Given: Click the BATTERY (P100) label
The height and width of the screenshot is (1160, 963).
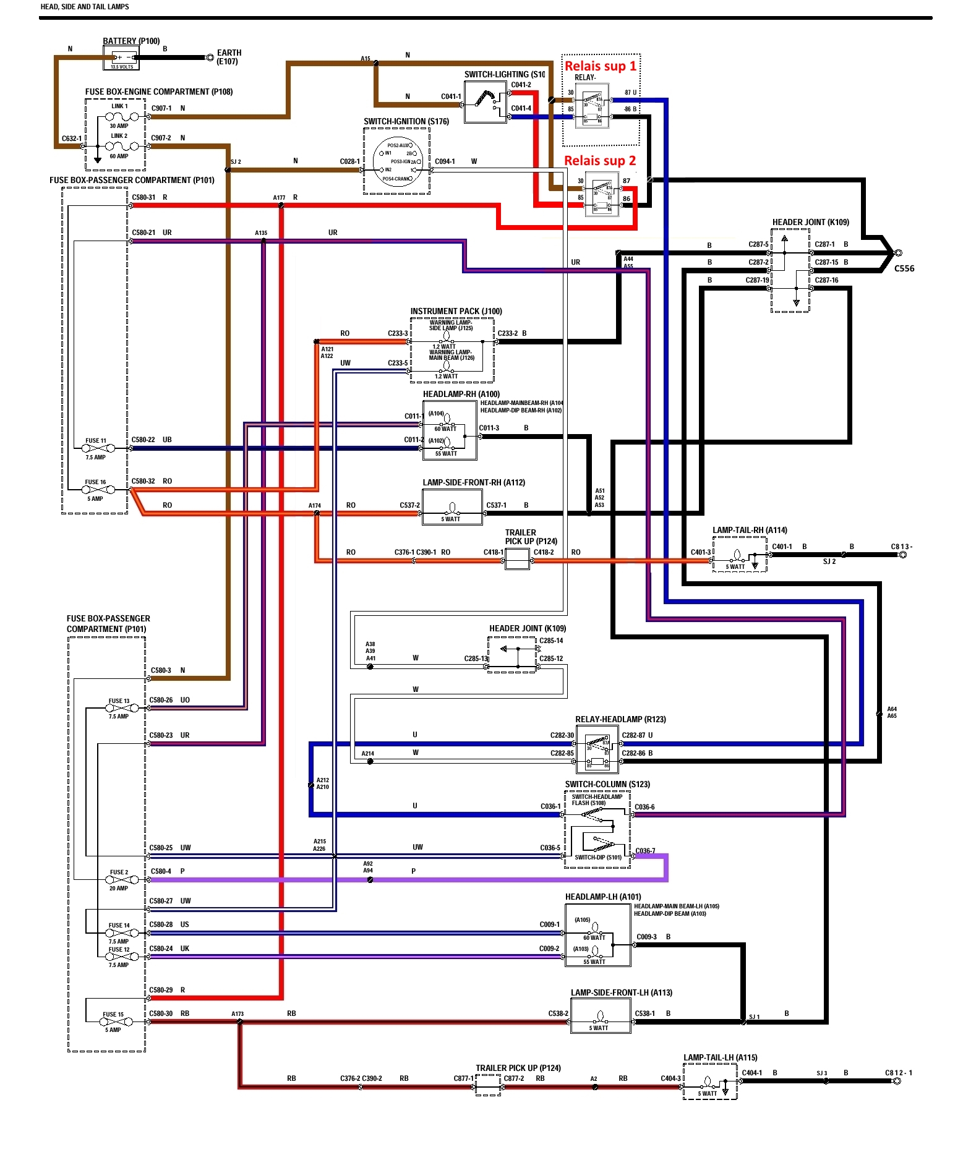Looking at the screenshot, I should tap(131, 41).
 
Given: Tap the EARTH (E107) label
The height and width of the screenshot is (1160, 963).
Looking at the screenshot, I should tap(229, 57).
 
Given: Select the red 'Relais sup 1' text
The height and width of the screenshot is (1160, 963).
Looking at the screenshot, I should tap(600, 66).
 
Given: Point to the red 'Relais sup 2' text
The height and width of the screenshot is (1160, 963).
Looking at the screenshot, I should tap(600, 161).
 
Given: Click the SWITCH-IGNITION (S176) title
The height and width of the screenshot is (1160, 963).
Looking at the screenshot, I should tap(406, 121).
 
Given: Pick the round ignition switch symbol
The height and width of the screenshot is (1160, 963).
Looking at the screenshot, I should tap(398, 162).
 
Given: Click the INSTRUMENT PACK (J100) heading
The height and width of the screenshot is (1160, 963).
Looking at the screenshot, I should tap(456, 311).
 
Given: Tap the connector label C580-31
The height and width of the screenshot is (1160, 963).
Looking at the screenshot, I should tap(143, 197).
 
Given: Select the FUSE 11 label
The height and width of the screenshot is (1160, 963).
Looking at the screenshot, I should tap(96, 441).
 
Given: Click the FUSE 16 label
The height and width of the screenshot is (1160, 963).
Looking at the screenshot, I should tap(95, 482).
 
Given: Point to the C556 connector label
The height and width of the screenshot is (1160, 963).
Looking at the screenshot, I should tap(904, 268).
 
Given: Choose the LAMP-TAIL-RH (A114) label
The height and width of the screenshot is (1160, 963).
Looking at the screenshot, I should tap(750, 530).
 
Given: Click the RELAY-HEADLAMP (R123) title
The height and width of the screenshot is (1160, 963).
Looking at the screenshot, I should tap(620, 719).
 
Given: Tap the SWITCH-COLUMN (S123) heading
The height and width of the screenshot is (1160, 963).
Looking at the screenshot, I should tap(607, 784).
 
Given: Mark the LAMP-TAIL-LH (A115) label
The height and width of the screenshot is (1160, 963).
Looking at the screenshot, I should tap(720, 1057).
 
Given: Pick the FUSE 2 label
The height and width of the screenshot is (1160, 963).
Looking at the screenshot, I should tap(119, 872).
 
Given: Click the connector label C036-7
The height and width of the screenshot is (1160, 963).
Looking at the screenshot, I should tap(645, 851).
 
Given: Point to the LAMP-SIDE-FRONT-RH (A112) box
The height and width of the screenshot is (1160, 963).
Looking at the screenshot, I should tap(452, 508).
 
